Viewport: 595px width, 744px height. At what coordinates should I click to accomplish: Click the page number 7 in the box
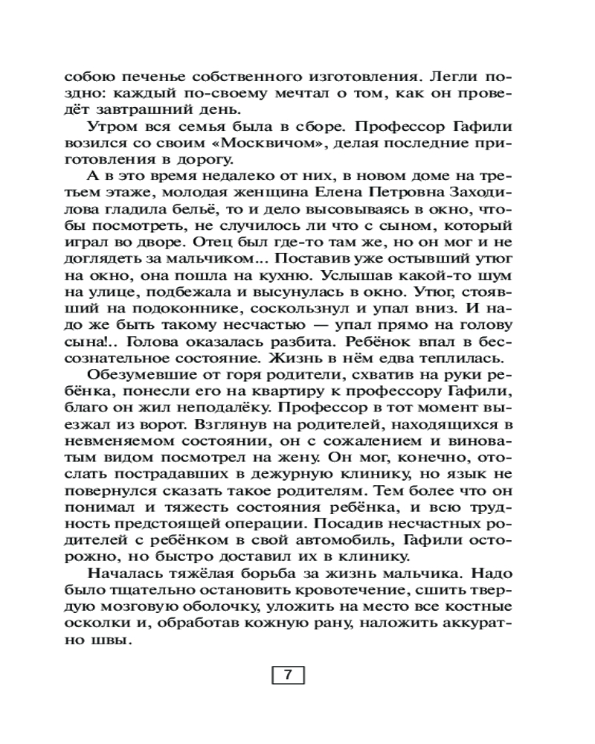(286, 676)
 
